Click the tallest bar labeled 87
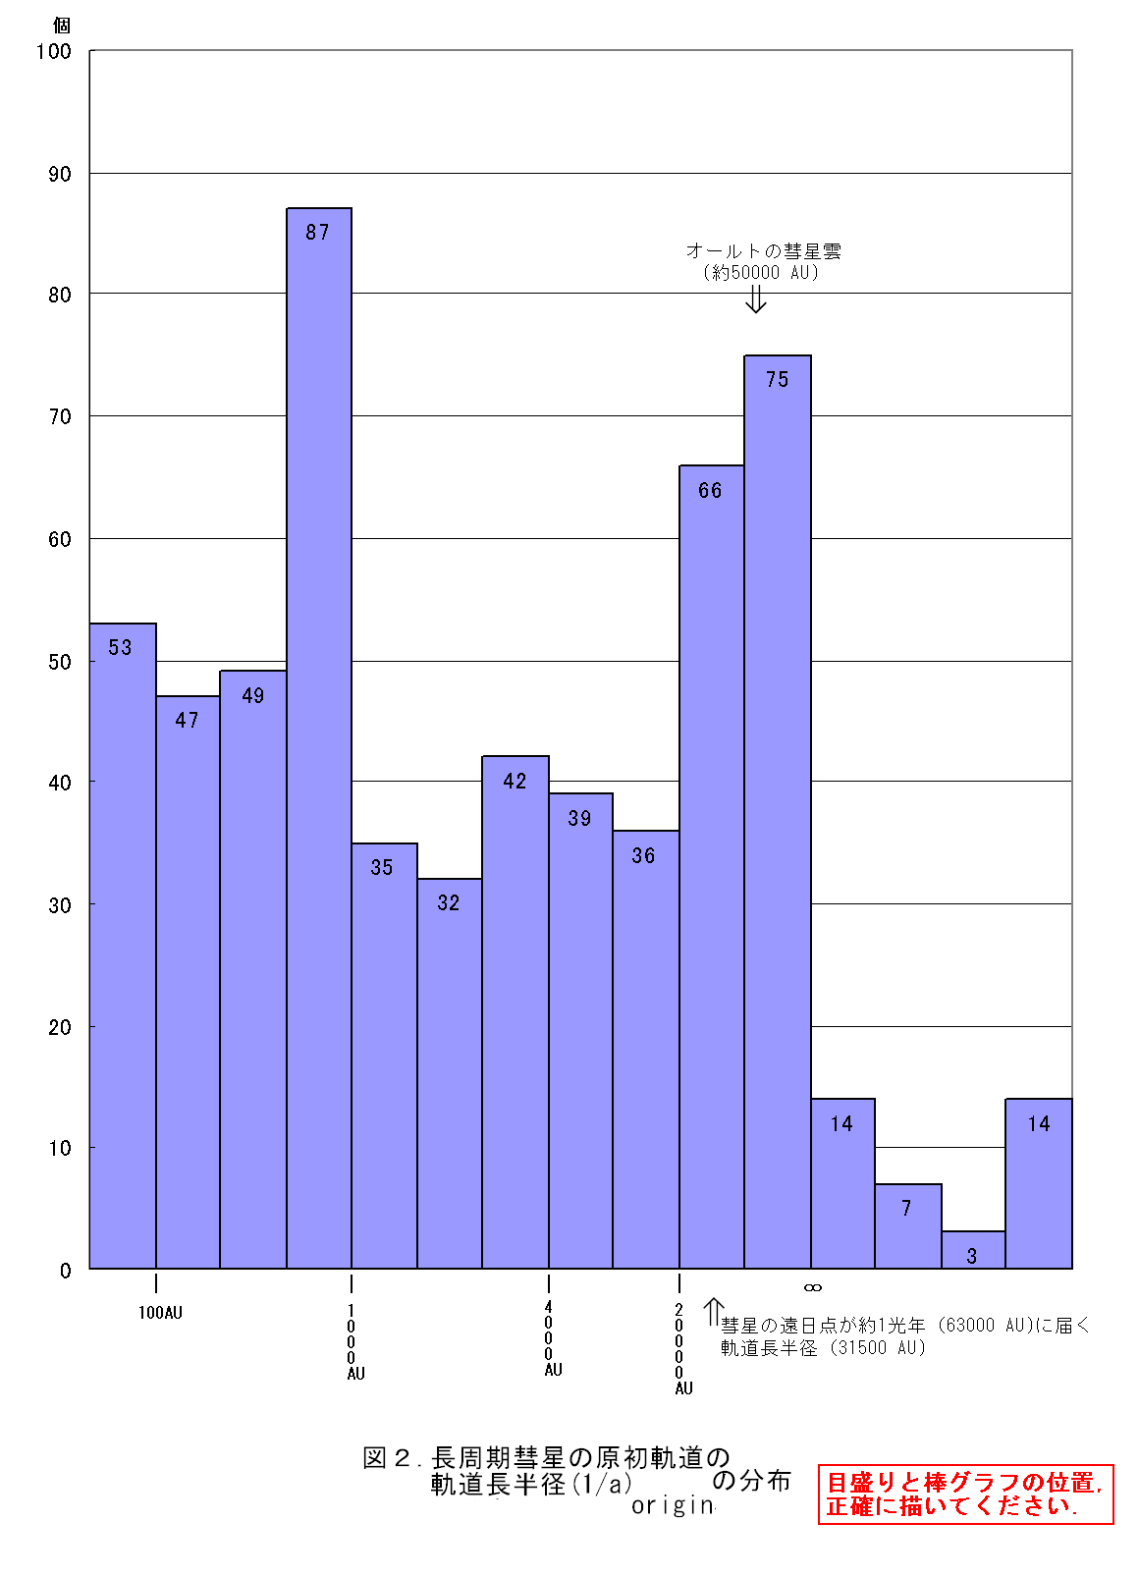(x=319, y=736)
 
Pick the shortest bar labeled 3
(x=973, y=1249)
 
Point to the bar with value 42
(x=515, y=1011)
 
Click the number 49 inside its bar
(x=253, y=696)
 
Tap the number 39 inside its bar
(x=579, y=819)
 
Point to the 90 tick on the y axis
(x=60, y=175)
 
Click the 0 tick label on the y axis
(x=66, y=1271)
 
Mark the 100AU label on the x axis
(x=160, y=1313)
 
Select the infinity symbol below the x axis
(x=813, y=1287)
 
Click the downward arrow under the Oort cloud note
(x=755, y=299)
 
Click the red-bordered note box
(x=965, y=1494)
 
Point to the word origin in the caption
(x=673, y=1505)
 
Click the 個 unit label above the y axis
(x=61, y=26)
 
